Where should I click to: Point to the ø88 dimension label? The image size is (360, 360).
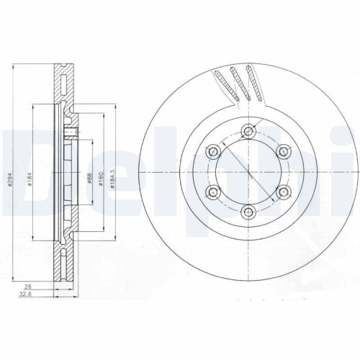click(86, 178)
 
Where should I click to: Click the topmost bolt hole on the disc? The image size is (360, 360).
click(249, 131)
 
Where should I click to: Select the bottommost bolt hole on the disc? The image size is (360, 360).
click(249, 211)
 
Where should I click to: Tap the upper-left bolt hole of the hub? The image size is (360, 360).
click(215, 151)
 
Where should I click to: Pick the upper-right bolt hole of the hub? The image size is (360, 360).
click(284, 151)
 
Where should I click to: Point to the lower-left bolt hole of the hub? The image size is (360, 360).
click(215, 191)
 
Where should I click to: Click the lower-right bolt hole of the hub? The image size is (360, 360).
click(284, 191)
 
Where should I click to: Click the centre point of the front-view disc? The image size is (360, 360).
click(249, 171)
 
